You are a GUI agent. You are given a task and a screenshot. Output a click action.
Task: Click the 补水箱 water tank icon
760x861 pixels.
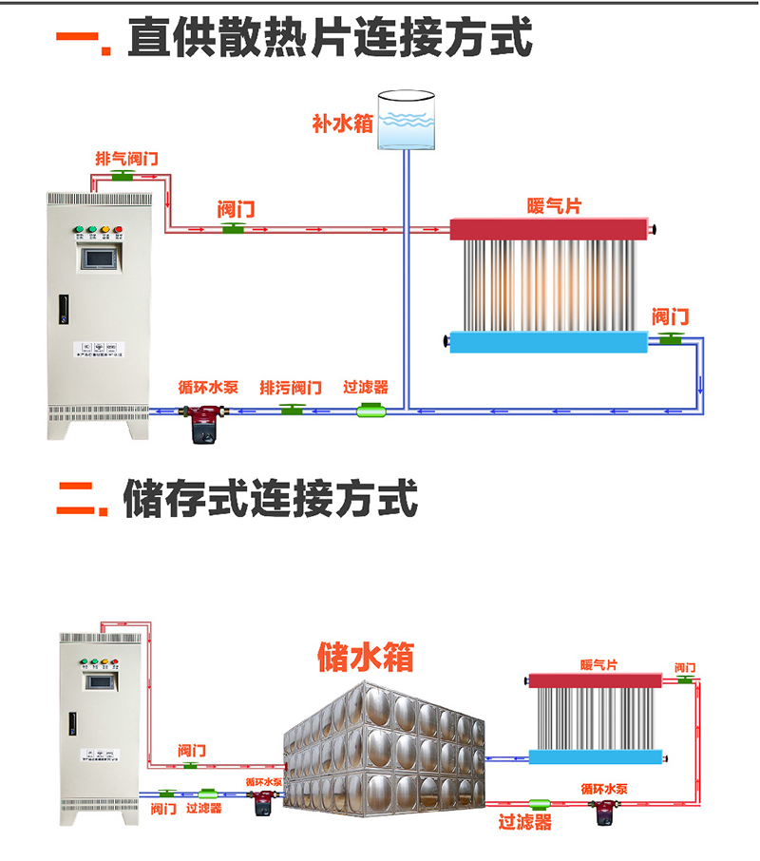pyautogui.click(x=406, y=120)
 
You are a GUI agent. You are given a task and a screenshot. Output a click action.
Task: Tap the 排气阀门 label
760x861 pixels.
pyautogui.click(x=126, y=158)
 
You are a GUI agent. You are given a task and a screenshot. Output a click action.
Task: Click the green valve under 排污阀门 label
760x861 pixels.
pyautogui.click(x=292, y=410)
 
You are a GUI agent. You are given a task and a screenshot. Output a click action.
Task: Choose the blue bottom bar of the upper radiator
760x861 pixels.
pyautogui.click(x=547, y=341)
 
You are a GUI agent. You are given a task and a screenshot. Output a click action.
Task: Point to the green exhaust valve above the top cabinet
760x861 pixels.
pyautogui.click(x=123, y=176)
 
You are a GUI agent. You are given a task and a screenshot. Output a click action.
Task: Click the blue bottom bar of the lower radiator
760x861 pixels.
pyautogui.click(x=595, y=757)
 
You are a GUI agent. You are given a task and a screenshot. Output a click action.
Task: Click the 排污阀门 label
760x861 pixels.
pyautogui.click(x=291, y=388)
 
